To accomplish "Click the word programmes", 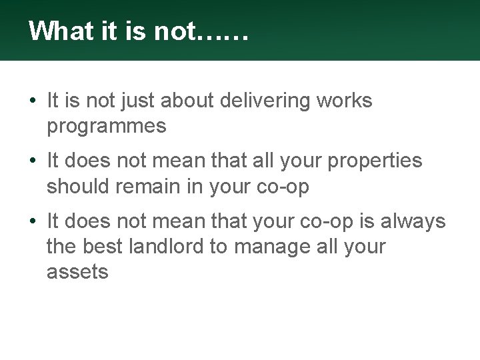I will tap(107, 127).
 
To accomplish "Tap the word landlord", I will tap(171, 247).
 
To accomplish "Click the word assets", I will tap(77, 272).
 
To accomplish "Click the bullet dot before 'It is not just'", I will tap(33, 102).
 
